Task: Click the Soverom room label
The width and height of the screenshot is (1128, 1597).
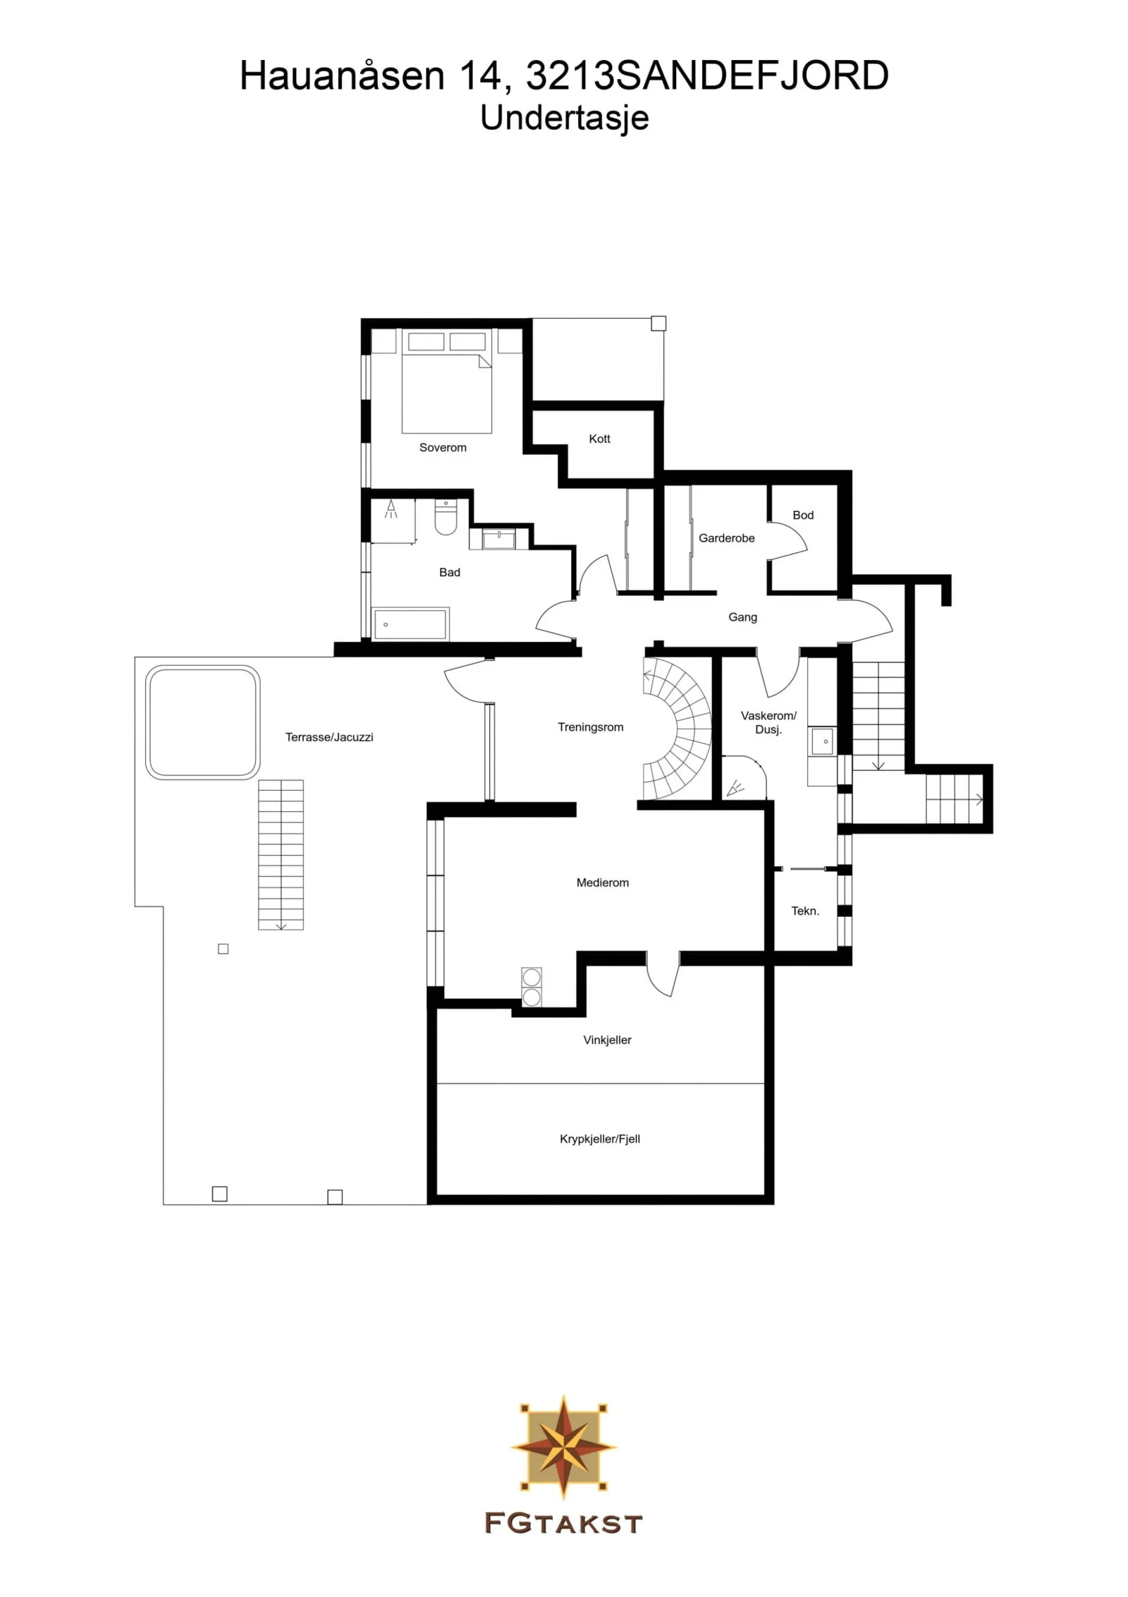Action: (x=443, y=447)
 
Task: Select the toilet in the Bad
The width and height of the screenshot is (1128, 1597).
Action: (x=446, y=517)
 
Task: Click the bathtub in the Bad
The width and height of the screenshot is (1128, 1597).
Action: (x=410, y=624)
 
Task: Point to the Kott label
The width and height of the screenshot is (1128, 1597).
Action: (x=599, y=439)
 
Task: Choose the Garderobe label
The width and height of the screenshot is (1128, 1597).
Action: (x=726, y=538)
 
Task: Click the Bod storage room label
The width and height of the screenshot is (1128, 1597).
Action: (x=803, y=515)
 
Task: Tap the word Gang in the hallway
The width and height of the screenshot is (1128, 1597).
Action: (x=742, y=617)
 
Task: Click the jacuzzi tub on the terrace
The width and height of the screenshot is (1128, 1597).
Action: (x=203, y=722)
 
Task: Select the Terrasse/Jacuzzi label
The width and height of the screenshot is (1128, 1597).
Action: (x=329, y=737)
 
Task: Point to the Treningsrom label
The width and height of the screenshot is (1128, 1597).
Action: (x=591, y=727)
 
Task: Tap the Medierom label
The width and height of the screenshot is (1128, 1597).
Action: (x=603, y=882)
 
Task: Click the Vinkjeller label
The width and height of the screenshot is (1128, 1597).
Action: (x=607, y=1040)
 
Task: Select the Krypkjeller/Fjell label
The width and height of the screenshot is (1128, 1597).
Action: (x=600, y=1138)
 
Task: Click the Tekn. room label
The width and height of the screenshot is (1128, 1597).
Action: (x=805, y=911)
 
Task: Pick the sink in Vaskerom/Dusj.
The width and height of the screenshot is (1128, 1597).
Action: (x=823, y=741)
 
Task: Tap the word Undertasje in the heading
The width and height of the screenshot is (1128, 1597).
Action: (x=564, y=118)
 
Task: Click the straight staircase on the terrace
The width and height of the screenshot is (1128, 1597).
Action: (x=281, y=855)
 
